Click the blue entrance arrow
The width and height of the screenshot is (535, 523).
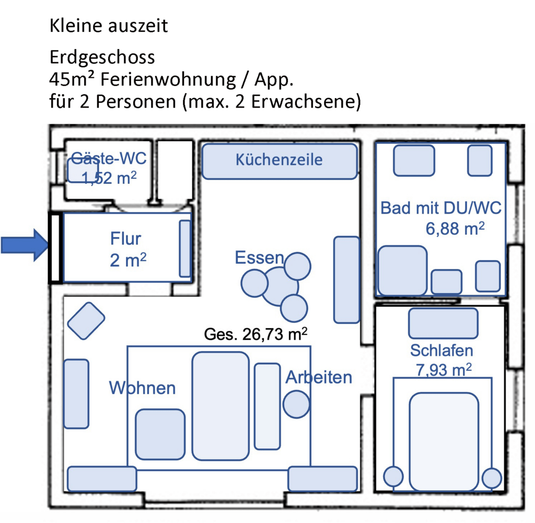pyautogui.click(x=24, y=245)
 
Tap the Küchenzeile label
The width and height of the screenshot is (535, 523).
pyautogui.click(x=279, y=160)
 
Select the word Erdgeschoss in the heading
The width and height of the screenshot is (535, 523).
pyautogui.click(x=102, y=57)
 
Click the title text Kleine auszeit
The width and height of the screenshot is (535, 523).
pyautogui.click(x=109, y=26)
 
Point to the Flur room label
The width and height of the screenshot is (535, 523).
pyautogui.click(x=125, y=238)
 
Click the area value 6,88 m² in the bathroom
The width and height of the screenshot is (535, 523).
pyautogui.click(x=455, y=228)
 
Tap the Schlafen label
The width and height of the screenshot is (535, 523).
pyautogui.click(x=441, y=351)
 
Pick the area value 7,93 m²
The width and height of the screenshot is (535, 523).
pyautogui.click(x=444, y=369)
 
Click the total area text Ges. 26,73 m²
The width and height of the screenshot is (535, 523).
pyautogui.click(x=255, y=334)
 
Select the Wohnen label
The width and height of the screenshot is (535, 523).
pyautogui.click(x=142, y=388)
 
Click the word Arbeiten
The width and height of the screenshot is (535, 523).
pyautogui.click(x=319, y=377)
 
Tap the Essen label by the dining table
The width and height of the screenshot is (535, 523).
pyautogui.click(x=259, y=258)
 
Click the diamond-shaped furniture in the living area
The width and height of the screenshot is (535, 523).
pyautogui.click(x=86, y=321)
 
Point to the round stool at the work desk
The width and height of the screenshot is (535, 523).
pyautogui.click(x=296, y=404)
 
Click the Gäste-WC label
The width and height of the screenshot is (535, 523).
pyautogui.click(x=109, y=158)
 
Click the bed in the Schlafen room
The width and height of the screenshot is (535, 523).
pyautogui.click(x=444, y=442)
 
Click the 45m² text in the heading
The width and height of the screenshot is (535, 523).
pyautogui.click(x=71, y=79)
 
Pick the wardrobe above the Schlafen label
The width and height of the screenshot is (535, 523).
pyautogui.click(x=443, y=323)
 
